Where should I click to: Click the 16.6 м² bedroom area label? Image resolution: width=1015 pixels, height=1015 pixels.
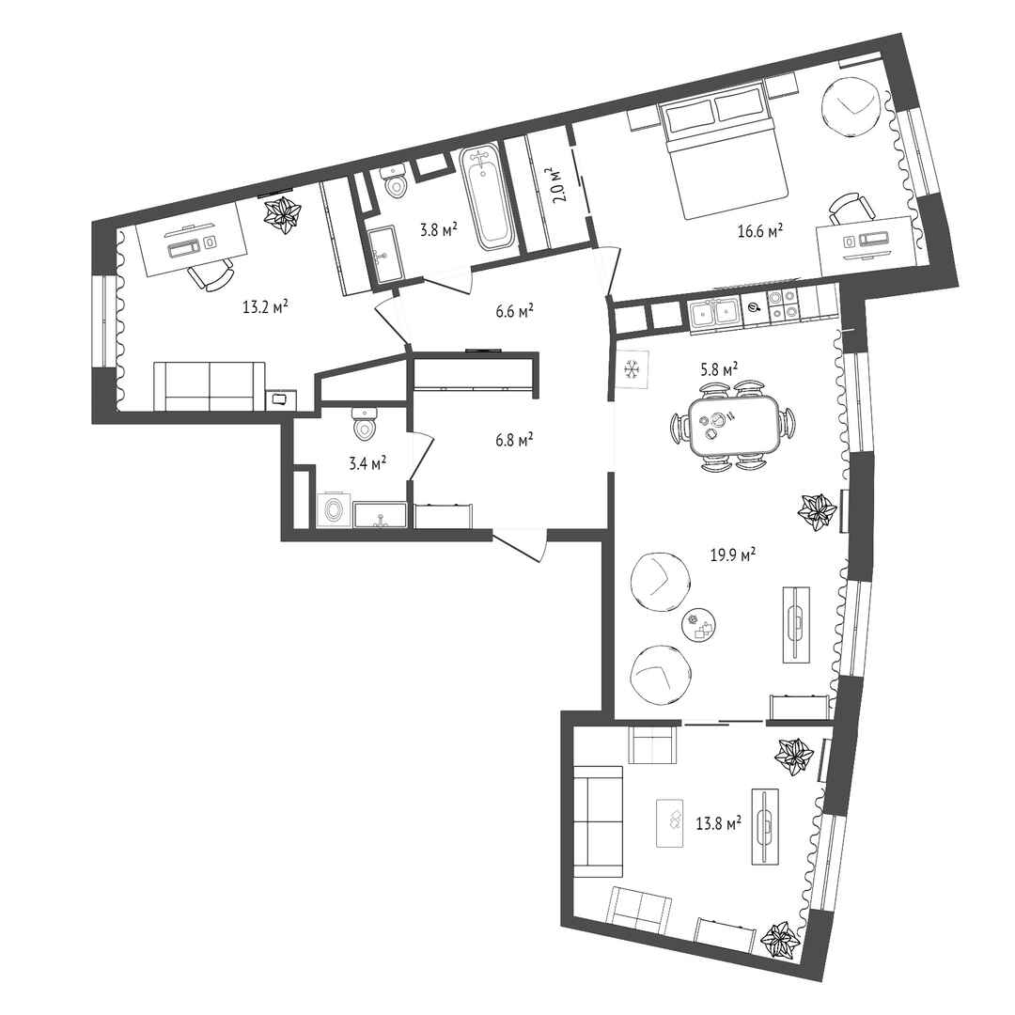pyautogui.click(x=760, y=230)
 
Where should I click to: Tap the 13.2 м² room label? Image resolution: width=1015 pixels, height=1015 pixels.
pyautogui.click(x=265, y=306)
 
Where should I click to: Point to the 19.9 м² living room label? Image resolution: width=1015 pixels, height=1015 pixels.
pyautogui.click(x=733, y=554)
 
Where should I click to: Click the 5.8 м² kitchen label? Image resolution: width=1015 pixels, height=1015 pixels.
pyautogui.click(x=720, y=369)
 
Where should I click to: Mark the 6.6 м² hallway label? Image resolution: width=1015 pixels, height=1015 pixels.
pyautogui.click(x=515, y=311)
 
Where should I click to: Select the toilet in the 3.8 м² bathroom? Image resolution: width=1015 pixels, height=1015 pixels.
pyautogui.click(x=394, y=182)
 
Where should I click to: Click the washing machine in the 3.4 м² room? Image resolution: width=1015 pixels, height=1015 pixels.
pyautogui.click(x=334, y=510)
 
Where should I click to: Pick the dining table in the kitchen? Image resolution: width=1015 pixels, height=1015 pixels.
pyautogui.click(x=735, y=426)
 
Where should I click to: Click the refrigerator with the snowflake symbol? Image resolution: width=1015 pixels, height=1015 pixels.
pyautogui.click(x=632, y=369)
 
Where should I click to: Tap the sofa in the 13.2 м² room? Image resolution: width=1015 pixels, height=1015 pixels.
pyautogui.click(x=210, y=386)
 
